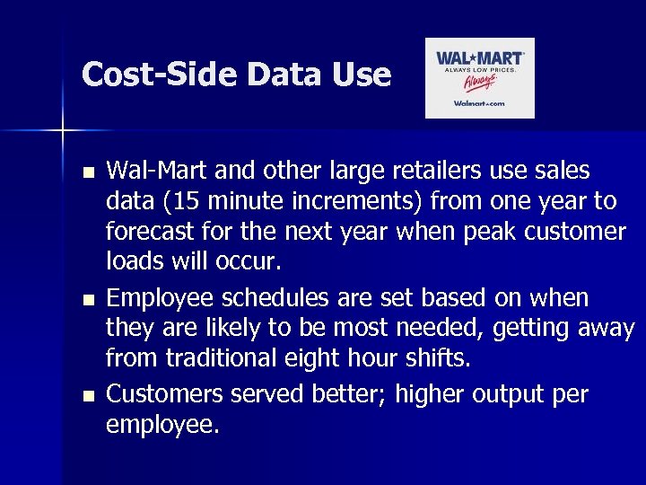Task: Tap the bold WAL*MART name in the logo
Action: click(x=480, y=58)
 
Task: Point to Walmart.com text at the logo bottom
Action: click(x=479, y=104)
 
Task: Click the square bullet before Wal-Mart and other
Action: click(x=86, y=172)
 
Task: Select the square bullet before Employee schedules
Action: click(x=86, y=298)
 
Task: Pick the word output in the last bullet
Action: click(x=496, y=393)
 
